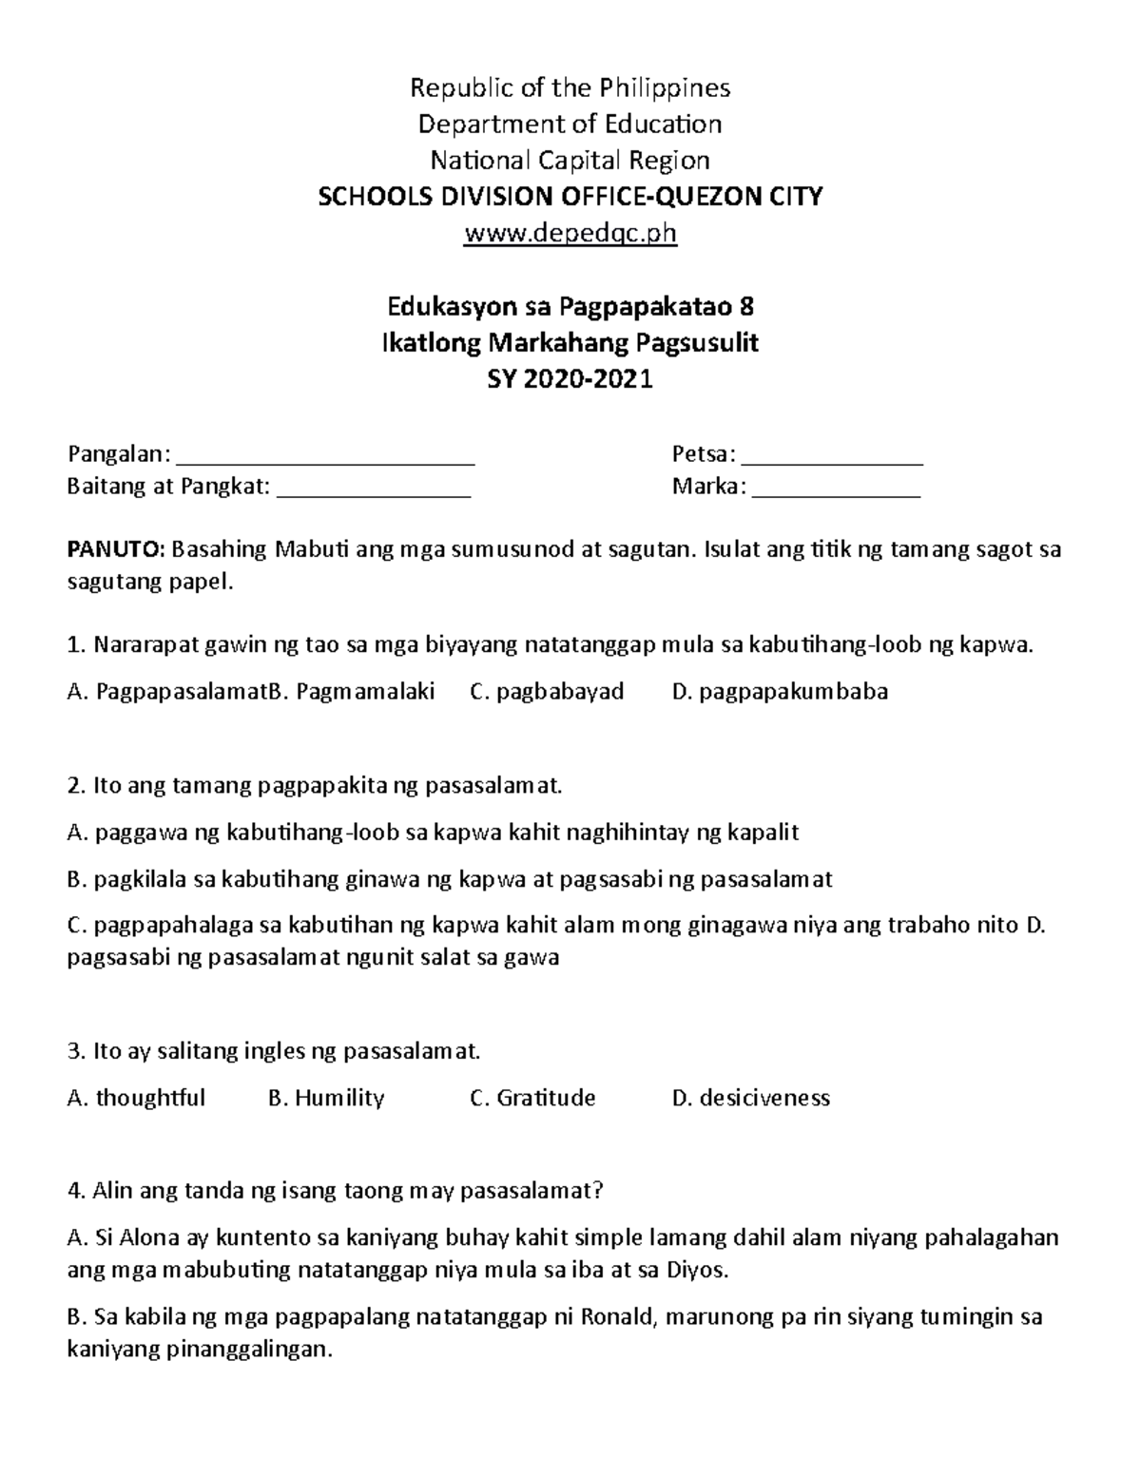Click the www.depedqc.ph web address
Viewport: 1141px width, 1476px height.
[570, 233]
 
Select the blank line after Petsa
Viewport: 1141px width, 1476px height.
[832, 460]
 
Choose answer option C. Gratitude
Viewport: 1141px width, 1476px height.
[532, 1098]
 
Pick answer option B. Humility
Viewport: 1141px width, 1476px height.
[326, 1098]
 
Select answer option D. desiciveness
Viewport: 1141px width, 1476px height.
[750, 1098]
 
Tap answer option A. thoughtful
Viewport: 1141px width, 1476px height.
[137, 1098]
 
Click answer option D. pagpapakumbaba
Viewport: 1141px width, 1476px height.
[780, 691]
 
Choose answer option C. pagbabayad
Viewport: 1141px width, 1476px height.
[547, 691]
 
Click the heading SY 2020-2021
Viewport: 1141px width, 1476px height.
[570, 379]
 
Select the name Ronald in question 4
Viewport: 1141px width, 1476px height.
[618, 1317]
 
